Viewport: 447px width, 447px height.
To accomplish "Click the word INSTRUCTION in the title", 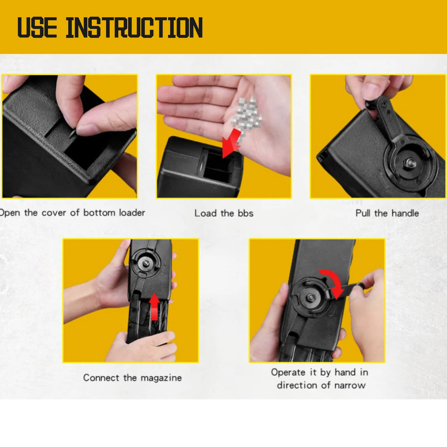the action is click(x=134, y=27).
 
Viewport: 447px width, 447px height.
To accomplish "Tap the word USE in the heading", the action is click(x=37, y=27).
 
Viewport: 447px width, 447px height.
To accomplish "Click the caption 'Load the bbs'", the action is click(x=224, y=213).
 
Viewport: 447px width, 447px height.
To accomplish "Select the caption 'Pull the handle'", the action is click(x=387, y=213).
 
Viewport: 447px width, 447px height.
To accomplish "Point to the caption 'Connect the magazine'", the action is click(x=132, y=378).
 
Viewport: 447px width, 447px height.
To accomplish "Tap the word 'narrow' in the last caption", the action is click(x=350, y=385).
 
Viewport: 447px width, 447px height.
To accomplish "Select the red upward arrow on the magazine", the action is click(x=154, y=307).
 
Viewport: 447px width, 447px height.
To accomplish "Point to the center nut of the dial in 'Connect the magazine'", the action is click(x=146, y=263).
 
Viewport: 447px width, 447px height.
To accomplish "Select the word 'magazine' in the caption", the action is click(x=161, y=378).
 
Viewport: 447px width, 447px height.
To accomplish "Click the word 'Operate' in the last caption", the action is click(x=288, y=372).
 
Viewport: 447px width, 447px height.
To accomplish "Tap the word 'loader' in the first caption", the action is click(x=132, y=212).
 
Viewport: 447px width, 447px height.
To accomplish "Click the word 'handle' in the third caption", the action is click(x=405, y=213).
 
